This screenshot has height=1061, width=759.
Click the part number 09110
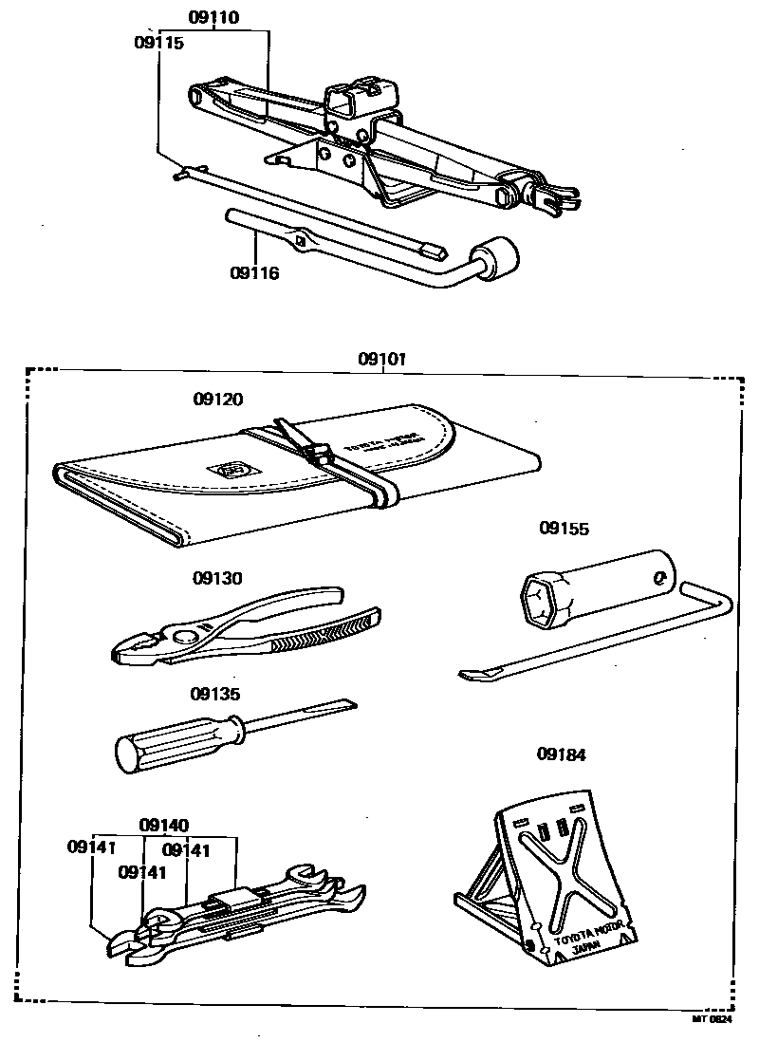click(x=213, y=17)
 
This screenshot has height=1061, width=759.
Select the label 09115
click(x=157, y=43)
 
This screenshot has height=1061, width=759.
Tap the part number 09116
click(x=254, y=272)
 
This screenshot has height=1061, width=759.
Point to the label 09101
click(x=382, y=360)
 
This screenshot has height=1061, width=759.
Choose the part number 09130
click(x=217, y=578)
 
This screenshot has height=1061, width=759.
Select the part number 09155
click(x=565, y=529)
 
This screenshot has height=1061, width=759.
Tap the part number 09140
click(x=164, y=825)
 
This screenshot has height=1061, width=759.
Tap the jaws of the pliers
click(x=133, y=651)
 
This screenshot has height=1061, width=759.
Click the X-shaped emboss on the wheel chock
click(x=565, y=878)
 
